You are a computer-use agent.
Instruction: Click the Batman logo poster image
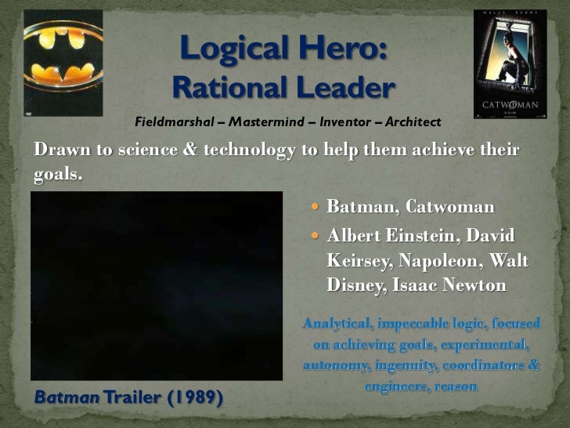(63, 63)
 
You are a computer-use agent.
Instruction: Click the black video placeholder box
(157, 285)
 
